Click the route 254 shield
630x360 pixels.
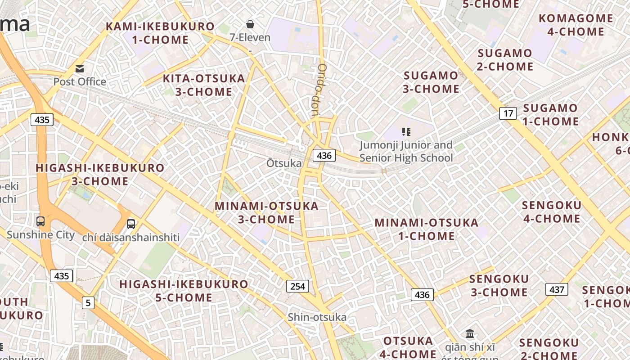pyautogui.click(x=297, y=286)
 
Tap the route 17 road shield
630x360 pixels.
pyautogui.click(x=508, y=113)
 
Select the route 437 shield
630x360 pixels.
pyautogui.click(x=557, y=289)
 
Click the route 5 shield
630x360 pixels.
pyautogui.click(x=88, y=303)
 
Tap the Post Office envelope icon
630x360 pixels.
pyautogui.click(x=80, y=69)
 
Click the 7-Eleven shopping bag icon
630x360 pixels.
pyautogui.click(x=250, y=24)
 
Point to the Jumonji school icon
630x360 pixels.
pyautogui.click(x=406, y=132)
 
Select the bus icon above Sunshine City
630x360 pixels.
pyautogui.click(x=40, y=221)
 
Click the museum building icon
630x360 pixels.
pyautogui.click(x=470, y=333)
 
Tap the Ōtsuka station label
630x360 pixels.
pyautogui.click(x=283, y=163)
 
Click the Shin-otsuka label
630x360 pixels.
pyautogui.click(x=317, y=317)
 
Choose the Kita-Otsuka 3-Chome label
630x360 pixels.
pyautogui.click(x=204, y=85)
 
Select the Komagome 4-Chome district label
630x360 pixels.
pyautogui.click(x=576, y=25)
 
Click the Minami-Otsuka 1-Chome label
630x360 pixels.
pyautogui.click(x=426, y=229)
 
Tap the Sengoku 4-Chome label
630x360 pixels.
pyautogui.click(x=551, y=212)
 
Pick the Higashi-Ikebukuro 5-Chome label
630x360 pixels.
pyautogui.click(x=184, y=291)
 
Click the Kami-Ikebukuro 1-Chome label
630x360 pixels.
pyautogui.click(x=160, y=33)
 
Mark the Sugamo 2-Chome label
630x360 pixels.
pyautogui.click(x=505, y=59)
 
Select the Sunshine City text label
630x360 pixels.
pyautogui.click(x=40, y=235)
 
